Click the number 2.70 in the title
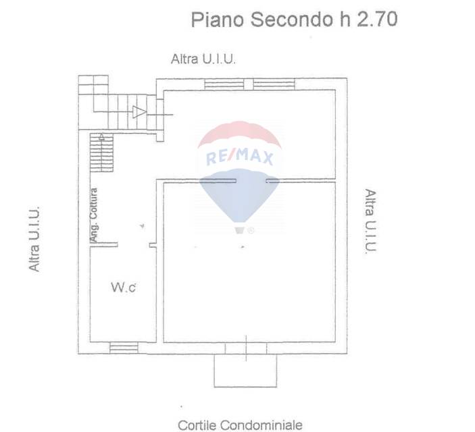(376, 20)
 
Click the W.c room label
(123, 288)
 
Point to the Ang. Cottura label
(95, 215)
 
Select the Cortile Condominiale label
(240, 425)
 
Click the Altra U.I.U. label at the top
(203, 59)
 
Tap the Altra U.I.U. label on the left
(34, 239)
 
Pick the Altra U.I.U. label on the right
(370, 221)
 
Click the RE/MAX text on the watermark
(239, 157)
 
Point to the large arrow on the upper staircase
(139, 112)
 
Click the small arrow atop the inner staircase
(102, 137)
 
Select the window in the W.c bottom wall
(124, 348)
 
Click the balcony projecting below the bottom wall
(245, 371)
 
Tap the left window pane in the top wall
(224, 84)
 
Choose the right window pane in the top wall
(274, 84)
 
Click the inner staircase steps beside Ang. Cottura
(102, 153)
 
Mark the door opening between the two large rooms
(251, 181)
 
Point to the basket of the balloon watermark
(239, 231)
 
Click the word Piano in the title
(218, 20)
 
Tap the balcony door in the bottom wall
(246, 348)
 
